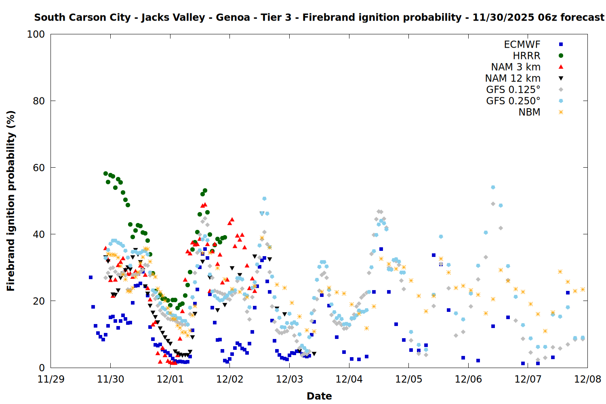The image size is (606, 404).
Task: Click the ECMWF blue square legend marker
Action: click(561, 44)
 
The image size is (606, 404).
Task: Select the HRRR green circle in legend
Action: click(561, 56)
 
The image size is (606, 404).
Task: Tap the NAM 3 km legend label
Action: click(516, 67)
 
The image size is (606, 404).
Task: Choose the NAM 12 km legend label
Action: click(513, 78)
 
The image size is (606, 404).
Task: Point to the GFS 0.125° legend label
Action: click(513, 90)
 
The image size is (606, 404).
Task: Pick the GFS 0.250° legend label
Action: click(513, 101)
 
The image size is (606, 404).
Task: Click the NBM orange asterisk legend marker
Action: click(561, 112)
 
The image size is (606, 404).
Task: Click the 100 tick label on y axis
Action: click(36, 34)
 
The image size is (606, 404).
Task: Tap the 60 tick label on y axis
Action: click(39, 168)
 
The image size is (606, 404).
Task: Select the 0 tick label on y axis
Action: click(42, 368)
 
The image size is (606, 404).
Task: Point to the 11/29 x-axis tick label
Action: click(50, 379)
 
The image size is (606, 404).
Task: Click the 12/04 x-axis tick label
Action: click(349, 379)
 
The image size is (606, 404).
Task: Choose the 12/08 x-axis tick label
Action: click(587, 379)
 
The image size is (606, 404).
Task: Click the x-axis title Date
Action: click(319, 396)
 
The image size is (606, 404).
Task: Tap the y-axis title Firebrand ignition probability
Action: click(11, 201)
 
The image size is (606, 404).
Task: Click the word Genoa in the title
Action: click(233, 17)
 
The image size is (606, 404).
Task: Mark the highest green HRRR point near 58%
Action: click(105, 173)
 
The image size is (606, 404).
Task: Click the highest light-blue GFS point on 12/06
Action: click(493, 187)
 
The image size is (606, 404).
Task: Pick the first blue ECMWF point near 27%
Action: click(90, 277)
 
